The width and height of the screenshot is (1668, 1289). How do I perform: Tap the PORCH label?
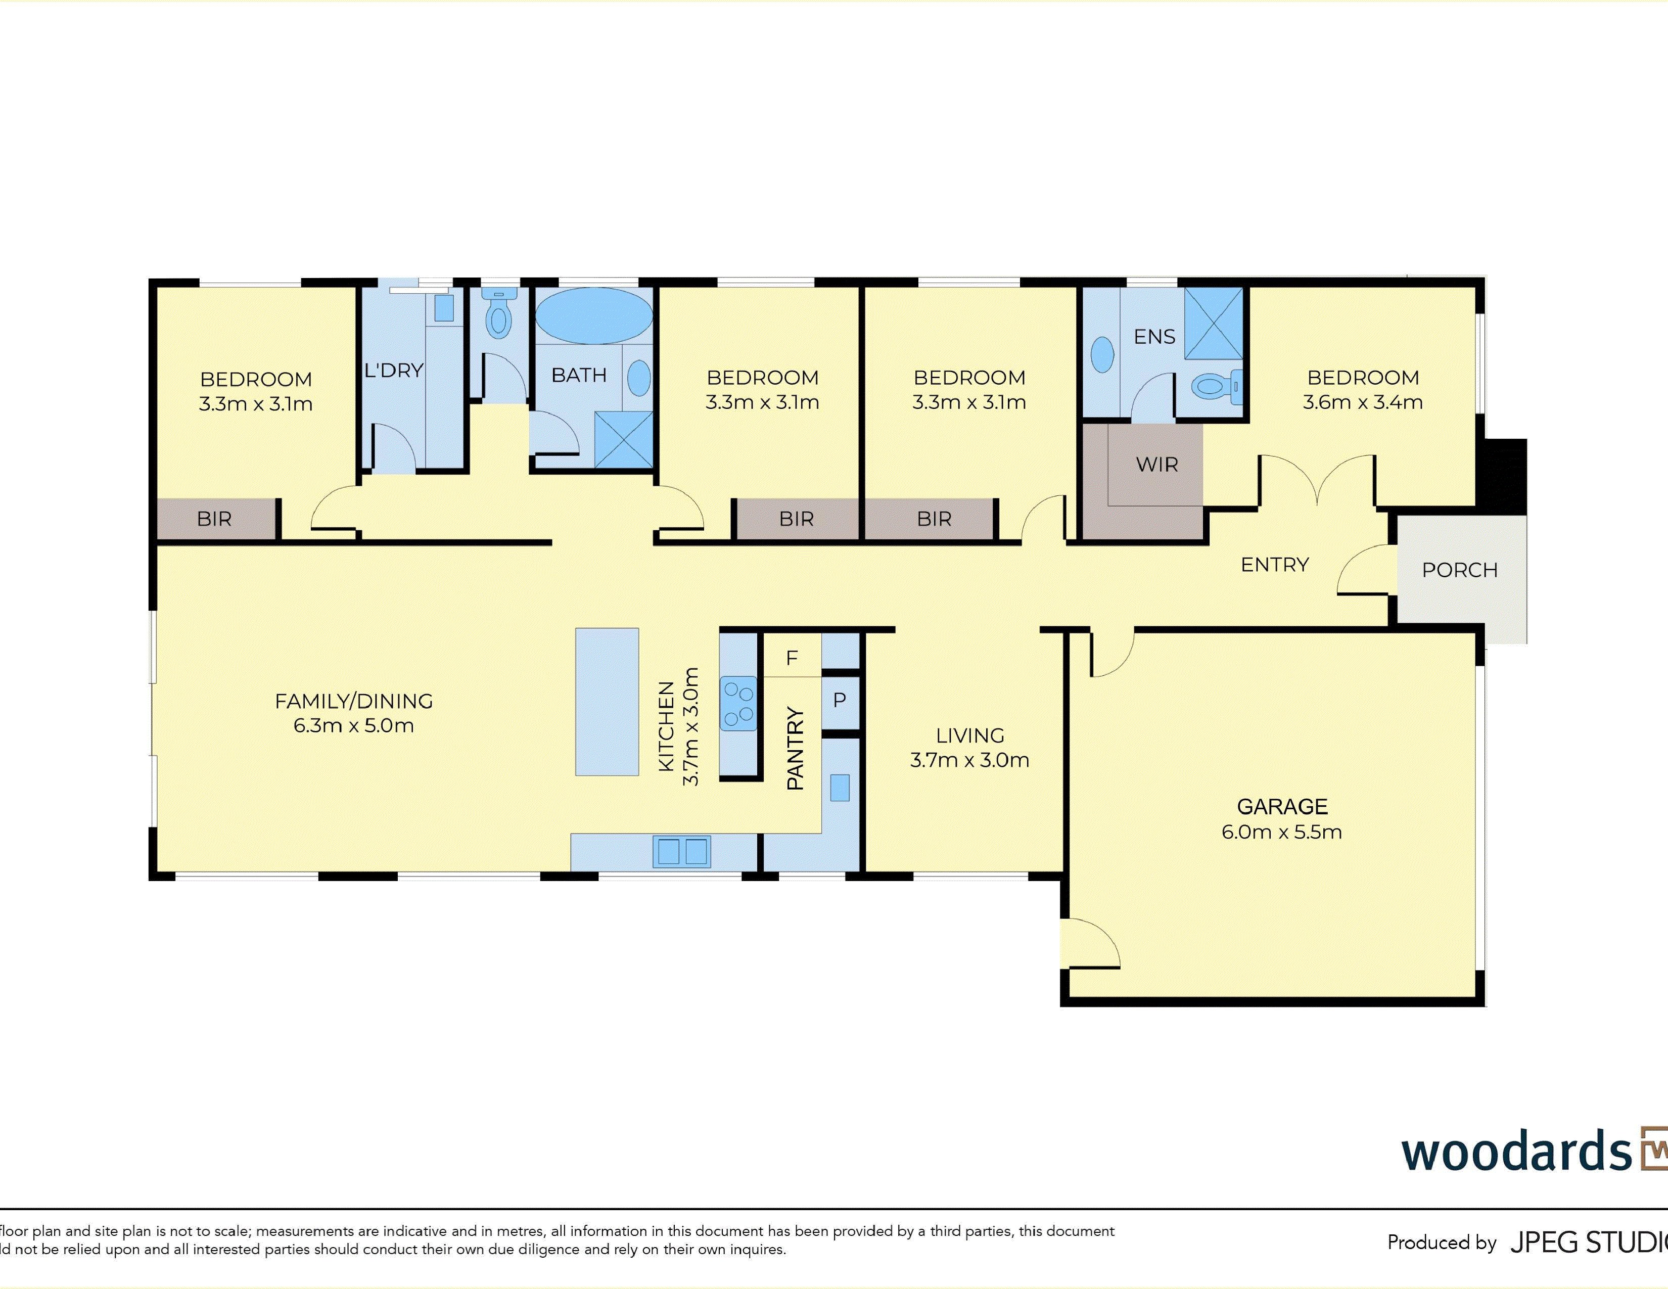[1460, 570]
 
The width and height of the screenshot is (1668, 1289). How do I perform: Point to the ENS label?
[1154, 337]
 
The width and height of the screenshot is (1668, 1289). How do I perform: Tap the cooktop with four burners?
[738, 703]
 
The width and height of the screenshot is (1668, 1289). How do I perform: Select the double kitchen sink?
[681, 851]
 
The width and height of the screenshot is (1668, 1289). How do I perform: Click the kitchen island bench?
[607, 702]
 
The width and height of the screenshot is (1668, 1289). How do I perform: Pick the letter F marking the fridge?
[792, 658]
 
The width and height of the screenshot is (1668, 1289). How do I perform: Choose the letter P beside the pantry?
[840, 700]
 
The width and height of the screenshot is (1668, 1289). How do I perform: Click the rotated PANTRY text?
[795, 748]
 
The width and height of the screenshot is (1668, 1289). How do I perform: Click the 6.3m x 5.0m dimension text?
[354, 725]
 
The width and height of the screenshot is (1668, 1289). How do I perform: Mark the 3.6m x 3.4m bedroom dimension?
[1363, 402]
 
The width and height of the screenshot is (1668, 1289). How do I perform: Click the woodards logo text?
[1516, 1151]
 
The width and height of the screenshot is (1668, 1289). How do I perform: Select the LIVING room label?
[970, 735]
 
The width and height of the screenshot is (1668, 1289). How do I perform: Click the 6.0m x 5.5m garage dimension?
[1281, 833]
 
